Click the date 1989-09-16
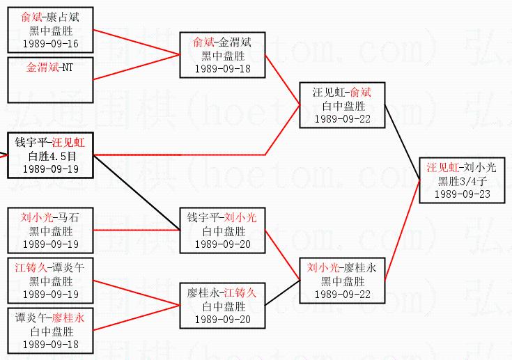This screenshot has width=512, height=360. (50, 44)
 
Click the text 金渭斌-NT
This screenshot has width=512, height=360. (49, 68)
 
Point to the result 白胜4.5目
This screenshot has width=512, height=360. (50, 155)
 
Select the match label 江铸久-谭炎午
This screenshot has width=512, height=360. (50, 267)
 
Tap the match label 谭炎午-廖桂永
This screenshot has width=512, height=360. (50, 318)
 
